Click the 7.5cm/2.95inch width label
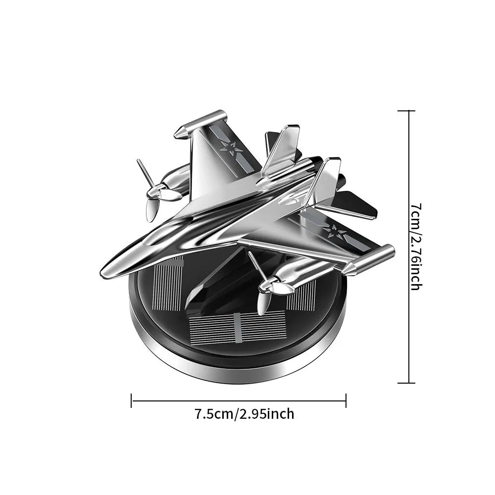click(245, 413)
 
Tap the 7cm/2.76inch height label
click(416, 247)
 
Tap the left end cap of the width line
click(132, 400)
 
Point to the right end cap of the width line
click(346, 400)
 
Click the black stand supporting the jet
click(208, 292)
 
